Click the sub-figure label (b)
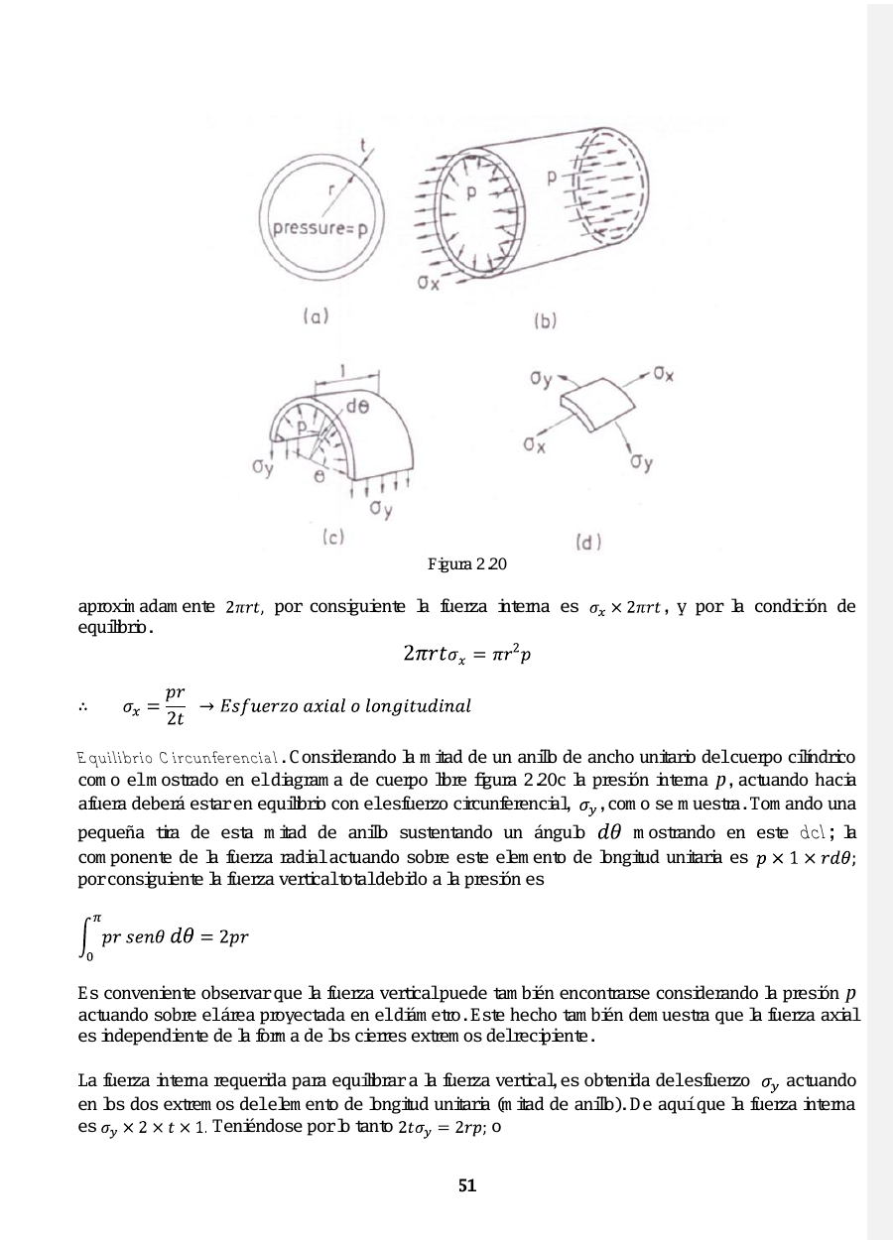pyautogui.click(x=546, y=320)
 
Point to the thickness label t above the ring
pyautogui.click(x=363, y=147)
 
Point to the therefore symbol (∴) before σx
pyautogui.click(x=84, y=706)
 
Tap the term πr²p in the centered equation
pyautogui.click(x=513, y=653)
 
